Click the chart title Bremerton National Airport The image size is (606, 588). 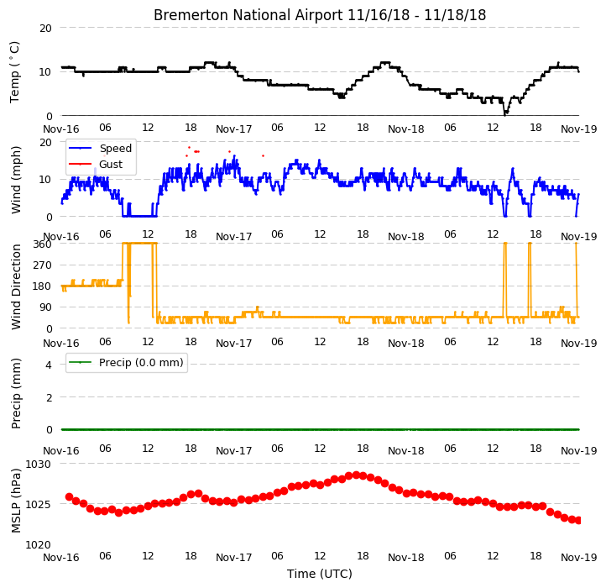tap(248, 15)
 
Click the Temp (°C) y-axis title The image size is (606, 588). tap(14, 72)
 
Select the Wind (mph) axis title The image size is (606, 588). tap(15, 180)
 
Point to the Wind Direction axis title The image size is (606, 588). tap(15, 286)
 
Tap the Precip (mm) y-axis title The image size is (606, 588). tap(15, 393)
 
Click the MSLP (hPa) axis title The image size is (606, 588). tap(15, 501)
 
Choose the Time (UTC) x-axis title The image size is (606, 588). tap(320, 574)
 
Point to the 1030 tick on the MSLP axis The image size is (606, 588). tap(39, 465)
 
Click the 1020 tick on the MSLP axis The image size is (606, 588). tap(39, 544)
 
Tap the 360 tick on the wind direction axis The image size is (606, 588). tap(42, 244)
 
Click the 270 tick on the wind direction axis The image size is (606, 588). tap(42, 265)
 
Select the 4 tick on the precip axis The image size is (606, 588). tap(49, 365)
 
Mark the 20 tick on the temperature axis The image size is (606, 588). tap(45, 29)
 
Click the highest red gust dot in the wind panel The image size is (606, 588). tap(189, 147)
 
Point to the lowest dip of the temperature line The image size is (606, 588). tap(505, 114)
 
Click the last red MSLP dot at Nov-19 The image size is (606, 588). tap(578, 521)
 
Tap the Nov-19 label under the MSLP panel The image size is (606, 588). tap(578, 558)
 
